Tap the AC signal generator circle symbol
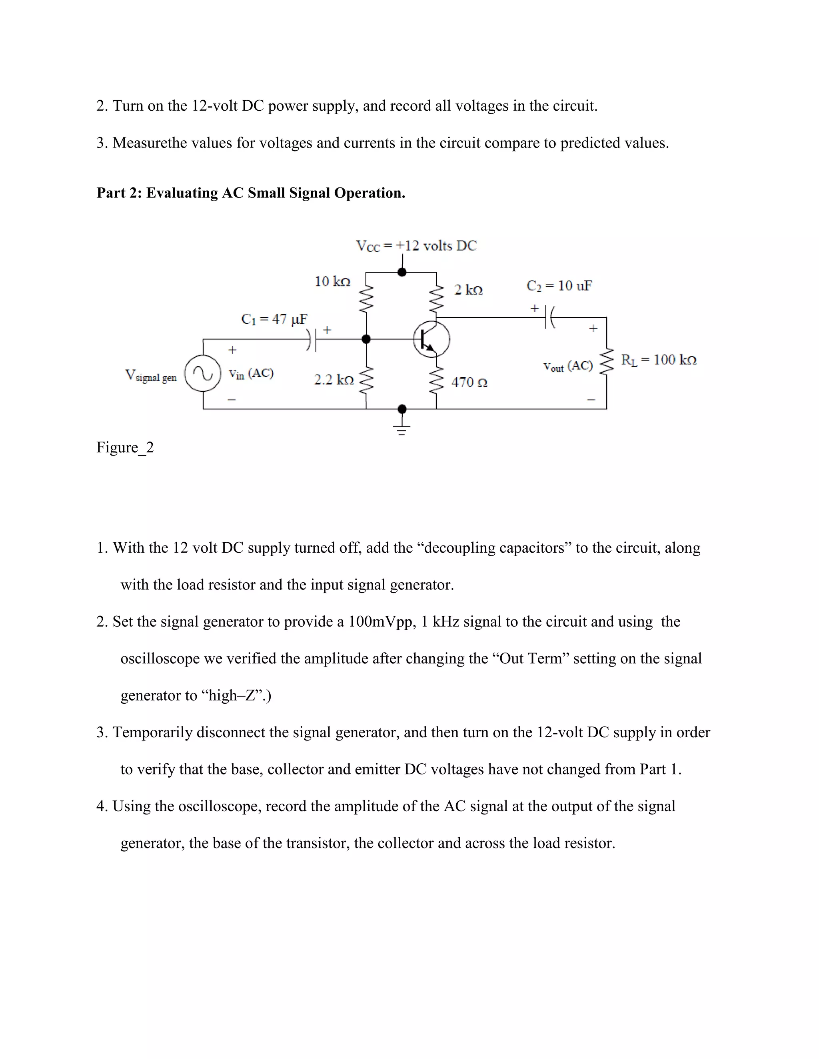click(x=203, y=373)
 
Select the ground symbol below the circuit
click(x=402, y=429)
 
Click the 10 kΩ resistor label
click(x=332, y=281)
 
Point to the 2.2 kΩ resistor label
click(x=334, y=380)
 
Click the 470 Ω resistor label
click(x=469, y=382)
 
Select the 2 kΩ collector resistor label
click(x=468, y=290)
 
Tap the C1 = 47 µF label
click(x=274, y=319)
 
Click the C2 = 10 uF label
click(x=559, y=286)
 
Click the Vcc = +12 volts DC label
click(x=416, y=246)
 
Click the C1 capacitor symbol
click(x=312, y=339)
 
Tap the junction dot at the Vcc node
click(x=402, y=272)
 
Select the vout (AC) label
click(x=568, y=366)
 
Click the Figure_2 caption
click(x=125, y=447)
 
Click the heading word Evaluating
click(x=182, y=193)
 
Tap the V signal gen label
click(x=150, y=376)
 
